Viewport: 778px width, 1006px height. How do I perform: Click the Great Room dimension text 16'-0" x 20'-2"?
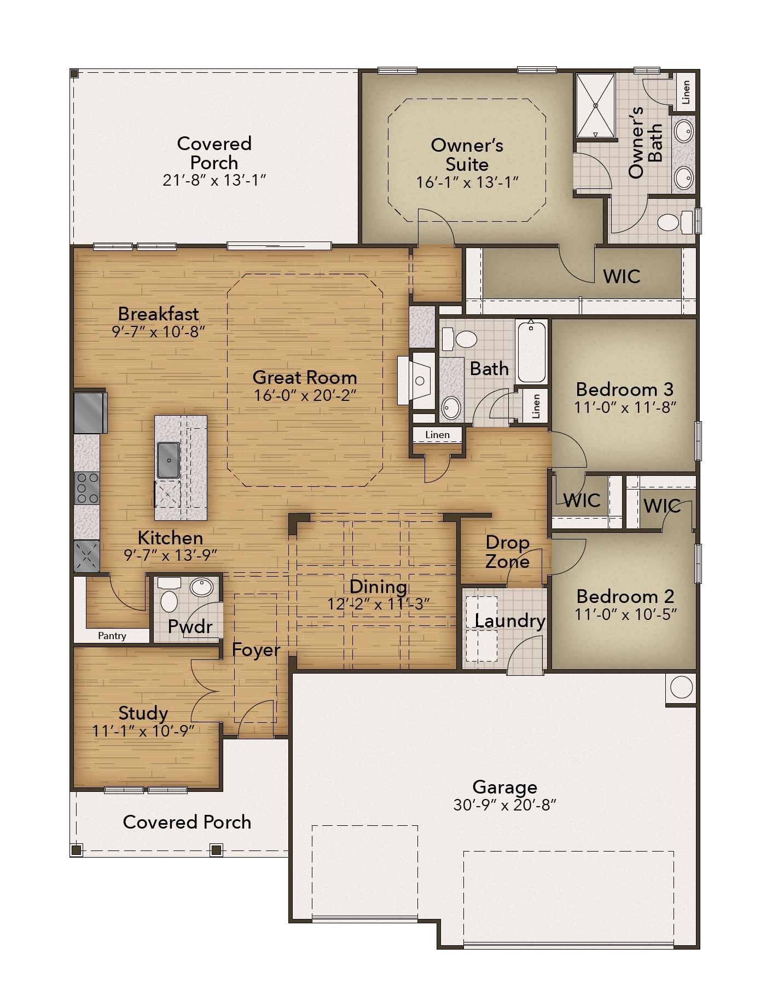click(305, 395)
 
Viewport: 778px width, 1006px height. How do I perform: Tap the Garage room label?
click(504, 787)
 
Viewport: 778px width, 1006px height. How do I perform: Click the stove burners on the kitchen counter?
click(87, 488)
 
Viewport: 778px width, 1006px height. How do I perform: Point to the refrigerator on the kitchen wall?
click(90, 412)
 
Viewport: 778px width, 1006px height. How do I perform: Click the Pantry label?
click(112, 636)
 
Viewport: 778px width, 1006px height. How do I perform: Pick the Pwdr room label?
click(189, 626)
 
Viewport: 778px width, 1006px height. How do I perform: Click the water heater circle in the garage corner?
click(681, 687)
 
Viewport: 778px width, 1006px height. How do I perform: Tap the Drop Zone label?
click(507, 552)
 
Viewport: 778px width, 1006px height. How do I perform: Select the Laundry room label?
click(510, 621)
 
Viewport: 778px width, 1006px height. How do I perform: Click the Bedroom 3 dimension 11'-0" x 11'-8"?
click(625, 407)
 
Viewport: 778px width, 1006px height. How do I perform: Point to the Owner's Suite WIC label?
click(622, 276)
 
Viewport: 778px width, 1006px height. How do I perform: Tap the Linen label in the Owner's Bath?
click(686, 91)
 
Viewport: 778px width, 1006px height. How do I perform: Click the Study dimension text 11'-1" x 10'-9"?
click(143, 731)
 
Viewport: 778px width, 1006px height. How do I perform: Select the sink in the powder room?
click(201, 587)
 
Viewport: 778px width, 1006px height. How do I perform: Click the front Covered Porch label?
click(187, 822)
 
